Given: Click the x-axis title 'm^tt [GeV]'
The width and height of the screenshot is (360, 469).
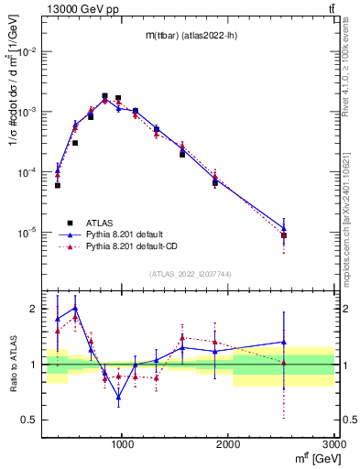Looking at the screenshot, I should pyautogui.click(x=311, y=458).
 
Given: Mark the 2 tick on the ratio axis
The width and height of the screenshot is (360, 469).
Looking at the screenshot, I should pyautogui.click(x=34, y=309).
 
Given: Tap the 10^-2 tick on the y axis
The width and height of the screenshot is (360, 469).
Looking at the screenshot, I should pyautogui.click(x=27, y=51).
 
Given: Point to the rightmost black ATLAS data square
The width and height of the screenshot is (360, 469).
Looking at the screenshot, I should pyautogui.click(x=284, y=235).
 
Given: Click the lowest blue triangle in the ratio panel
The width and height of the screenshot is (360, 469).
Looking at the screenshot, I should pyautogui.click(x=118, y=397).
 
